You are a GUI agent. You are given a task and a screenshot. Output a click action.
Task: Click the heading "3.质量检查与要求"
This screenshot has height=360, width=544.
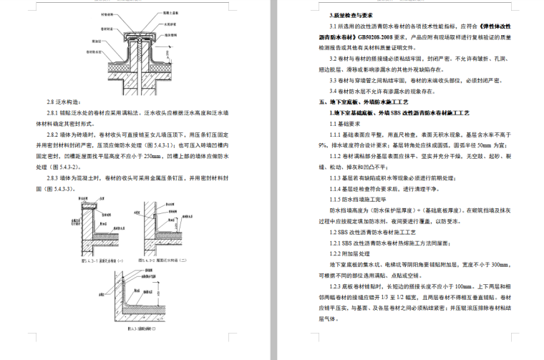tap(349, 14)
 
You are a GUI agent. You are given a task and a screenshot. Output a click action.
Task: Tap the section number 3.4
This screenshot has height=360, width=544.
tap(334, 92)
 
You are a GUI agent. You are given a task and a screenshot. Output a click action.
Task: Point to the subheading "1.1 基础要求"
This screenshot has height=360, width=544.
tap(344, 124)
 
